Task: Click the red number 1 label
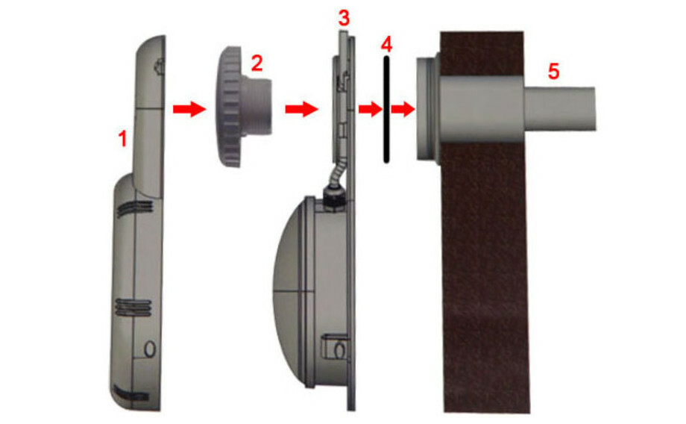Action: pos(123,140)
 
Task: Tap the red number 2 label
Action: pos(257,63)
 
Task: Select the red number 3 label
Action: pos(344,19)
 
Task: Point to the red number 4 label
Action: pos(387,44)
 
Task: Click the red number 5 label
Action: pos(554,72)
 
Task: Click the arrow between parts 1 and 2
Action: pos(189,109)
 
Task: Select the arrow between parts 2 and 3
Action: pos(301,109)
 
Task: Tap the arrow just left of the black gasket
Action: pos(370,109)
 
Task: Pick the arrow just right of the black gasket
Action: pos(403,109)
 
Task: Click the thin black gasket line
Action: pos(386,109)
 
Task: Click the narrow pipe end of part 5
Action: pos(559,109)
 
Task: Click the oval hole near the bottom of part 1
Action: pos(150,349)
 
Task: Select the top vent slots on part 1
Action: pos(135,208)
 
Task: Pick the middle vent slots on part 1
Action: pos(133,308)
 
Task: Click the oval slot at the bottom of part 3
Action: pos(339,350)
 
